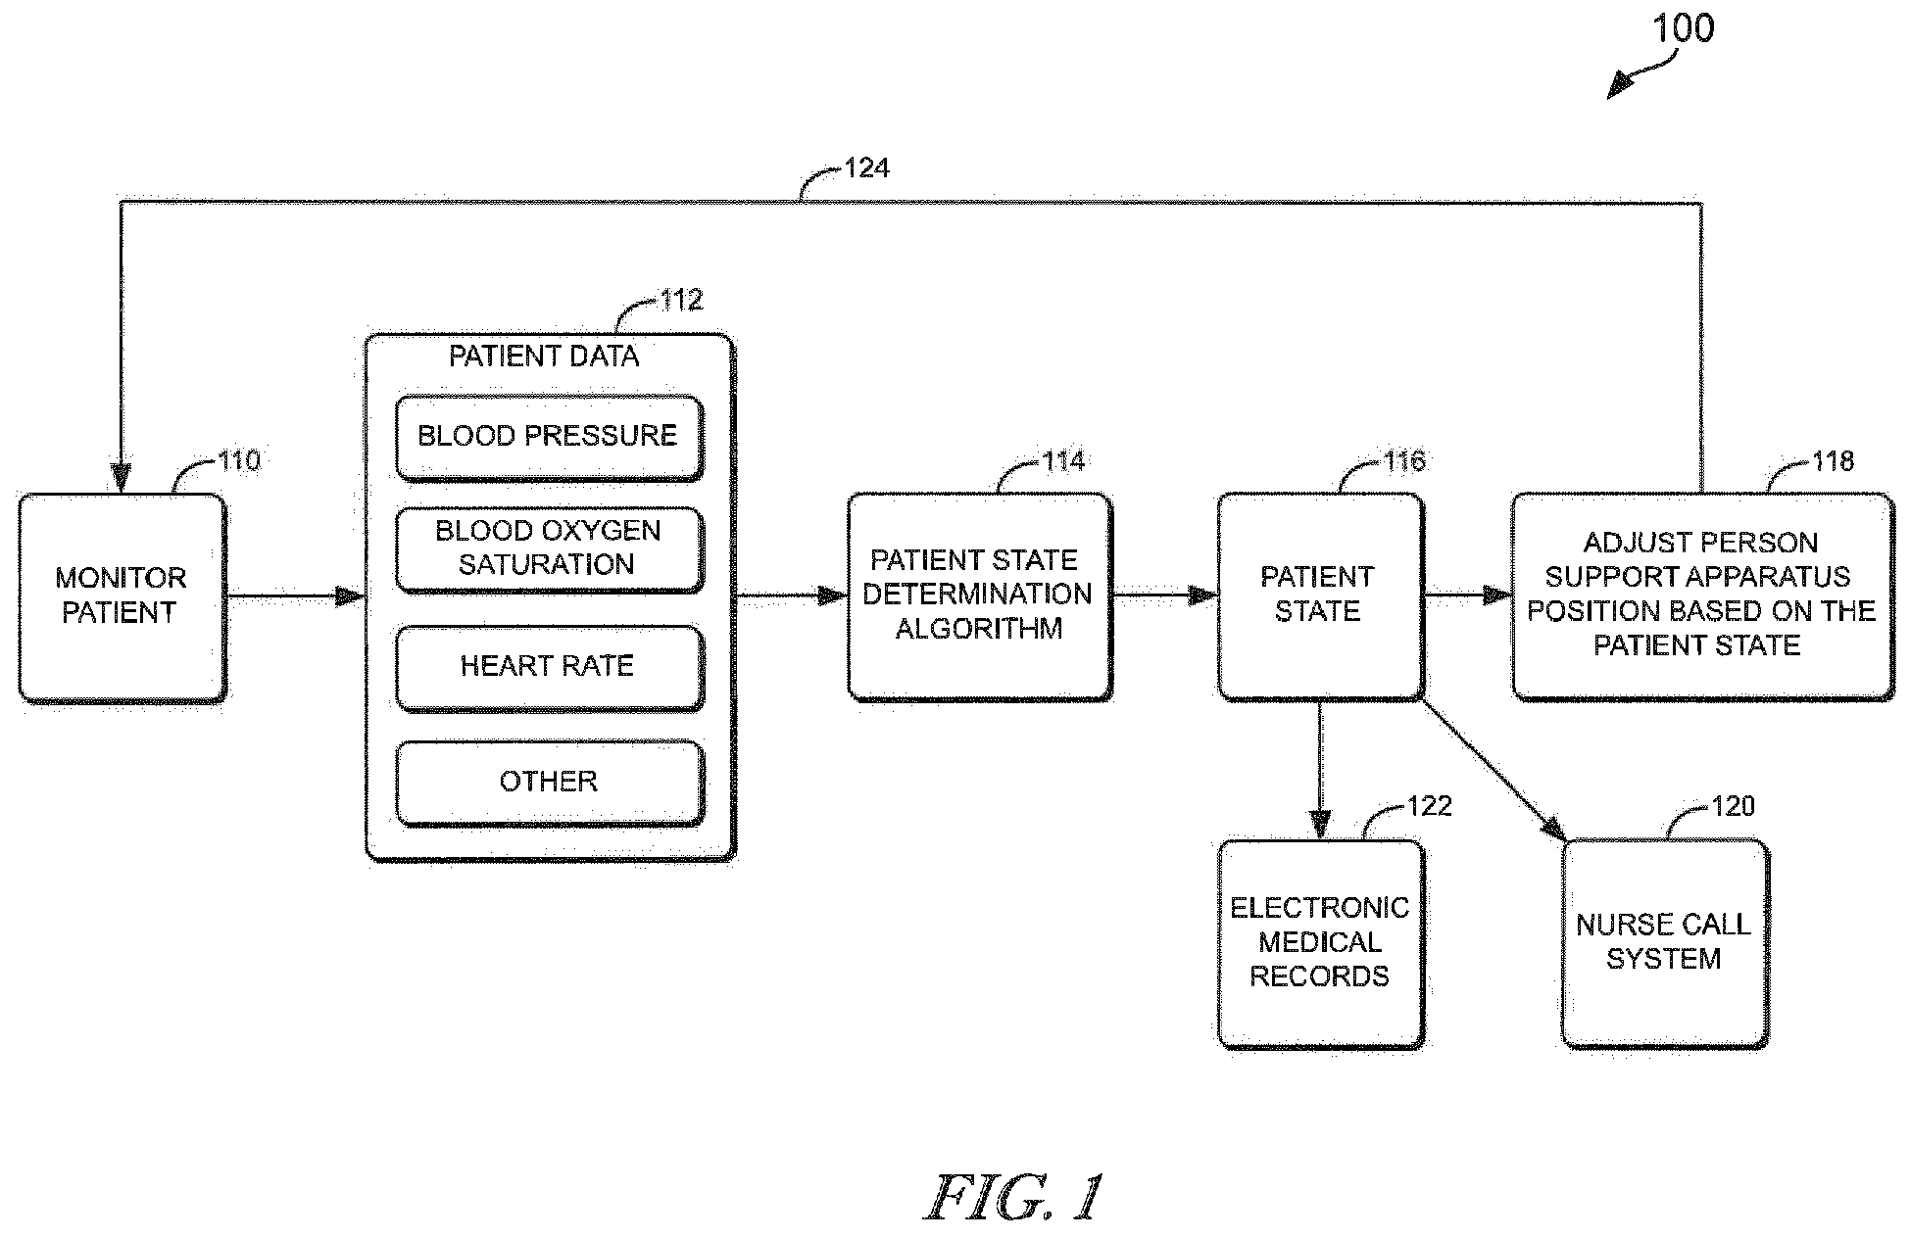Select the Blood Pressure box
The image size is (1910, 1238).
tap(549, 436)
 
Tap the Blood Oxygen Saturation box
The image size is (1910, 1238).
tap(549, 548)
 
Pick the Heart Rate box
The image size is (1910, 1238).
tap(549, 667)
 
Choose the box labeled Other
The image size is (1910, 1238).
tap(549, 782)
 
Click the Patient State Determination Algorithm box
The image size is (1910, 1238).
tap(978, 595)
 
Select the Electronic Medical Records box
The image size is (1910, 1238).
tap(1319, 942)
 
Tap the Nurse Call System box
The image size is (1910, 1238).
tap(1664, 942)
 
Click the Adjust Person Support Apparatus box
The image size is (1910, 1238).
tap(1701, 595)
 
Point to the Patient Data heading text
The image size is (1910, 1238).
tap(544, 357)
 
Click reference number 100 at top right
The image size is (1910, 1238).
tap(1684, 28)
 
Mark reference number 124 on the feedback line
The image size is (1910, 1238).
tap(866, 169)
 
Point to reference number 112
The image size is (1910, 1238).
tap(681, 300)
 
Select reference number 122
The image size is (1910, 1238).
tap(1429, 806)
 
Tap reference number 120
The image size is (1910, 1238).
tap(1733, 806)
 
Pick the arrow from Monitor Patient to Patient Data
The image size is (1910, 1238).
tap(295, 595)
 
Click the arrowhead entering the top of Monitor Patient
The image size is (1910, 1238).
tap(121, 478)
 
